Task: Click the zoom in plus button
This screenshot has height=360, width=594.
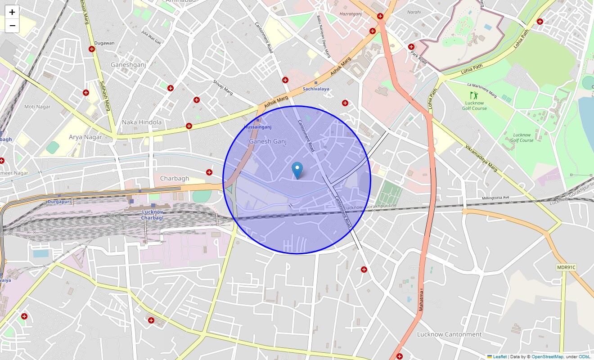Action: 12,12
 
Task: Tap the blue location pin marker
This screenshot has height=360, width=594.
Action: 297,171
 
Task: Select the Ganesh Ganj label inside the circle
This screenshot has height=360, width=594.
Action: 267,141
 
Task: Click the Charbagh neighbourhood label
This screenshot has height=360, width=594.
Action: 175,179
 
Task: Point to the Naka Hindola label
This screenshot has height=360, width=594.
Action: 142,122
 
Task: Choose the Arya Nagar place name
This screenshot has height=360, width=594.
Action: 85,137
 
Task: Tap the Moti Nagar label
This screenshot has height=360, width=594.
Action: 37,107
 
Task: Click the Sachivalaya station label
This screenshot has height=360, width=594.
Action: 316,89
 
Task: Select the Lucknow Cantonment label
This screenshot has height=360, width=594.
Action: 449,334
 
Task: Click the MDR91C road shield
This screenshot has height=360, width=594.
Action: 566,267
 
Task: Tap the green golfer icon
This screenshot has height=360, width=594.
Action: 473,95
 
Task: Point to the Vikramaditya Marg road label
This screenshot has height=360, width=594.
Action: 481,158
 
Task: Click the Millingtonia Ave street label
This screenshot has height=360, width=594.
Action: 495,198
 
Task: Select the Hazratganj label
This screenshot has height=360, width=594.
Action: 351,15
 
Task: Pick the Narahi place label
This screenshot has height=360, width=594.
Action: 414,12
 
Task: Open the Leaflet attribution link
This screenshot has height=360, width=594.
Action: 499,356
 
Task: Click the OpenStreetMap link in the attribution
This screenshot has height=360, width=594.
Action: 547,356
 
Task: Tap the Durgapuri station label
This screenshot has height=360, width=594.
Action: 59,202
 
